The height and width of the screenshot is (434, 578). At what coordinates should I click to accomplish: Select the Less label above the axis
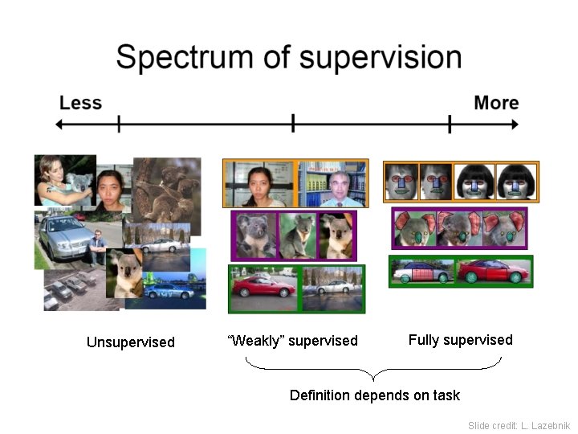pos(80,103)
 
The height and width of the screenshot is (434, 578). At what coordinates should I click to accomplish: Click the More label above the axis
pos(496,103)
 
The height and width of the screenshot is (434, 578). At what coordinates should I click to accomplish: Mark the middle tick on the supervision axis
pos(293,124)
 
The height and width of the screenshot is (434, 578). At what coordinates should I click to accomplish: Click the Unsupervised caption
pos(130,342)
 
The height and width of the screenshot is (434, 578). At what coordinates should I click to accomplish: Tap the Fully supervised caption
pos(460,340)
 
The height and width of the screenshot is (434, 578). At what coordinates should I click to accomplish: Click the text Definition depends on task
pos(374,395)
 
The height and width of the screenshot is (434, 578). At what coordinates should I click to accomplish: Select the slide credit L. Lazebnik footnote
pos(519,425)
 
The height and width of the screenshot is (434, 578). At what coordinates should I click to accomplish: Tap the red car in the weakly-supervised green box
pos(262,289)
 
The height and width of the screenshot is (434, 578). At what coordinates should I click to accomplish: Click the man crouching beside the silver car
pos(97,246)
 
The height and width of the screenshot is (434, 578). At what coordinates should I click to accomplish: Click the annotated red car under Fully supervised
pos(493,271)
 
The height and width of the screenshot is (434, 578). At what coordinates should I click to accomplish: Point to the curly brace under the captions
pos(373,371)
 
